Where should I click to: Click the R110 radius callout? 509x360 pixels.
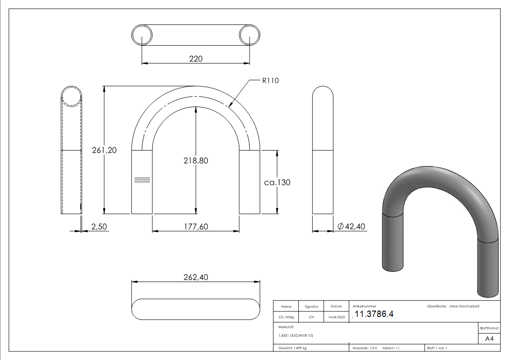[x=270, y=81]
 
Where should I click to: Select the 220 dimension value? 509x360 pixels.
[x=195, y=58]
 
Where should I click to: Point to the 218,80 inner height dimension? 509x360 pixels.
[x=196, y=161]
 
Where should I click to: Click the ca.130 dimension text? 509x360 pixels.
[x=277, y=182]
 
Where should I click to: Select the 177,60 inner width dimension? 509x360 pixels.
[x=196, y=226]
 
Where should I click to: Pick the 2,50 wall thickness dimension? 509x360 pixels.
[x=99, y=226]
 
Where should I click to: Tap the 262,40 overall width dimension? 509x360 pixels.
[x=196, y=277]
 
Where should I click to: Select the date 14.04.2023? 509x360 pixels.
[x=336, y=317]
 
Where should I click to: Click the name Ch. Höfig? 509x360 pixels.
[x=286, y=317]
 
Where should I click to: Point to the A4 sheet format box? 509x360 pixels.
[x=489, y=339]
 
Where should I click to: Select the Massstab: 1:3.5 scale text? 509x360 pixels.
[x=365, y=348]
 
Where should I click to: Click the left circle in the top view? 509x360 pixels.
[x=142, y=35]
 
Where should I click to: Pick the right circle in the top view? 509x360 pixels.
[x=249, y=35]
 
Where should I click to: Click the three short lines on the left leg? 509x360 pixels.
[x=142, y=180]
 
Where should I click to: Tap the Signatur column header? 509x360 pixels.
[x=311, y=306]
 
